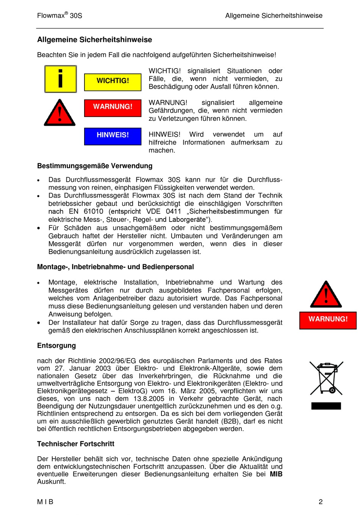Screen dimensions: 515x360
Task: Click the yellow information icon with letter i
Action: (x=61, y=79)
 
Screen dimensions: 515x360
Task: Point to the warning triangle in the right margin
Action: (x=326, y=295)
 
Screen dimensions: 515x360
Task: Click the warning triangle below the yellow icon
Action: (x=59, y=113)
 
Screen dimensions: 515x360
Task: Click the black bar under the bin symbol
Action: (x=326, y=406)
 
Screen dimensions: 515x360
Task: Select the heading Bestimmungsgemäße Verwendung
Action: (x=95, y=166)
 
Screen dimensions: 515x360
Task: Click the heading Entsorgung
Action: (x=56, y=345)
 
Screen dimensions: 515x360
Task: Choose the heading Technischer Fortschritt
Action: (x=76, y=444)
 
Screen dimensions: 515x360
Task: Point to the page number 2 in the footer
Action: (x=321, y=502)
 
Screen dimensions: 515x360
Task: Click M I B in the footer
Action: (x=45, y=502)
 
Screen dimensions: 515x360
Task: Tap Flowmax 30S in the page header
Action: (x=59, y=16)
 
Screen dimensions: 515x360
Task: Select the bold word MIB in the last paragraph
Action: (x=276, y=474)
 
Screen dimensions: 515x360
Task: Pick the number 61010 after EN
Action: (x=93, y=211)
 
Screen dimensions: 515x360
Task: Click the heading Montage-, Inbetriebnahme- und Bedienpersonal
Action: (x=115, y=267)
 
